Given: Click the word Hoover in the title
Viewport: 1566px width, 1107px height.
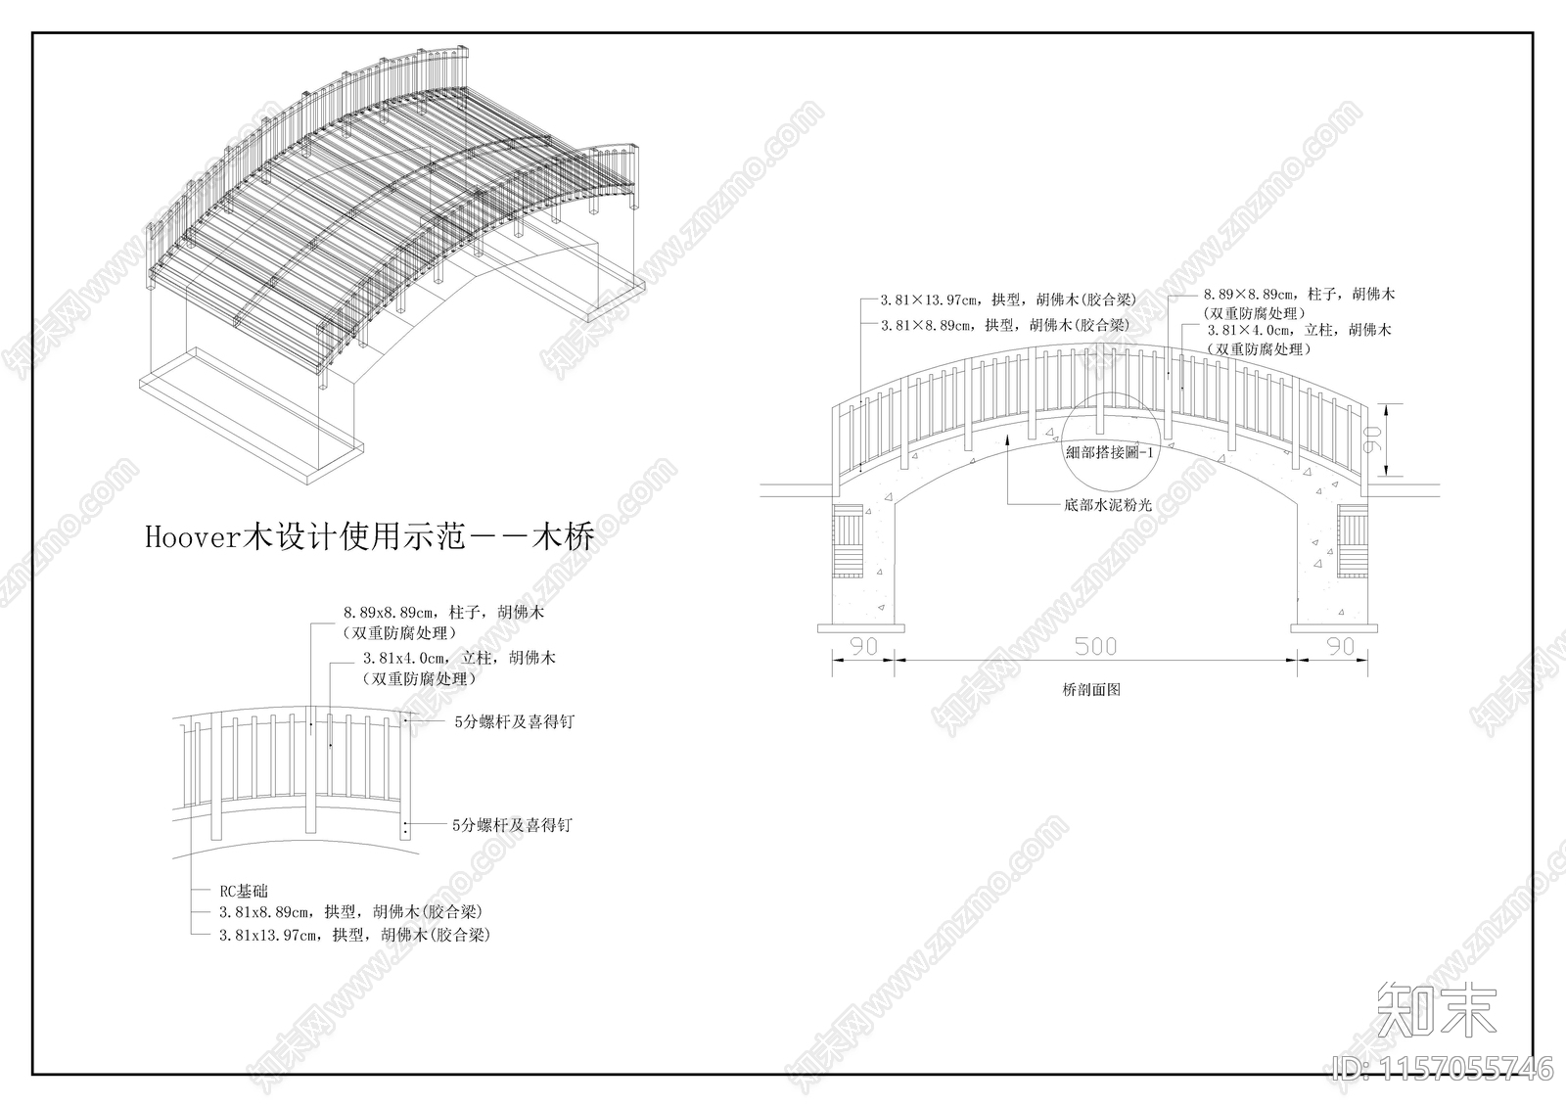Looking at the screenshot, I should pos(193,537).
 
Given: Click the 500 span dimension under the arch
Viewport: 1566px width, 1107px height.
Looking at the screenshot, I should pos(1095,646).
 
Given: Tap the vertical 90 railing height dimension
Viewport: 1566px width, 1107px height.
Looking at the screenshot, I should pos(1371,440).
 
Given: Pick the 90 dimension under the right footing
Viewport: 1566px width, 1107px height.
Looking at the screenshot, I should pos(1340,646).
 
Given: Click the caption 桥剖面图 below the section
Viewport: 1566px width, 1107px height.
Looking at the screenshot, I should pos(1090,689).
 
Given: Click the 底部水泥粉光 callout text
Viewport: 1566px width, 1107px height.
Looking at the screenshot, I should pos(1108,505).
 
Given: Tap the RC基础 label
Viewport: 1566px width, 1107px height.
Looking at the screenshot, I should pos(243,891).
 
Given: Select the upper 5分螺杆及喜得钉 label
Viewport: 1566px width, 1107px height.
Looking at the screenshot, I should pos(514,721).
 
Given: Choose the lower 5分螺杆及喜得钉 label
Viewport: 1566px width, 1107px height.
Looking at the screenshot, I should pos(512,825).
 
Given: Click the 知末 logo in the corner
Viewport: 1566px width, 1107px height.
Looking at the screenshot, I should pos(1437,1009).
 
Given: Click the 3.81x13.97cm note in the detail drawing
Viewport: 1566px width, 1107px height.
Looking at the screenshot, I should pos(353,935).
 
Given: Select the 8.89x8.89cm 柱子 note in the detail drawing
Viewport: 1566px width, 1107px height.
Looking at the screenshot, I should pos(442,612).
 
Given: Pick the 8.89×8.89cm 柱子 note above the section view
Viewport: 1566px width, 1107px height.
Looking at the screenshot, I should pos(1299,294).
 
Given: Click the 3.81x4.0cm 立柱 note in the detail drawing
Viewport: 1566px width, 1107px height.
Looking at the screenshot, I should pos(458,658).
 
